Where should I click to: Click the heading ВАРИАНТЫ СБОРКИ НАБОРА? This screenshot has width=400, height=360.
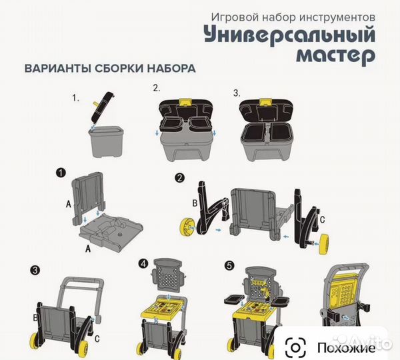coord(110,68)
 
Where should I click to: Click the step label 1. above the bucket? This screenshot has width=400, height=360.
coord(76,97)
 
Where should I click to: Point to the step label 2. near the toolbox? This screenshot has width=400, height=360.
coord(156,87)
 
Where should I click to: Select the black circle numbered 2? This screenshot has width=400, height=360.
coord(180,178)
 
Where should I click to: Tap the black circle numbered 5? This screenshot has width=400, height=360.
coord(230,263)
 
